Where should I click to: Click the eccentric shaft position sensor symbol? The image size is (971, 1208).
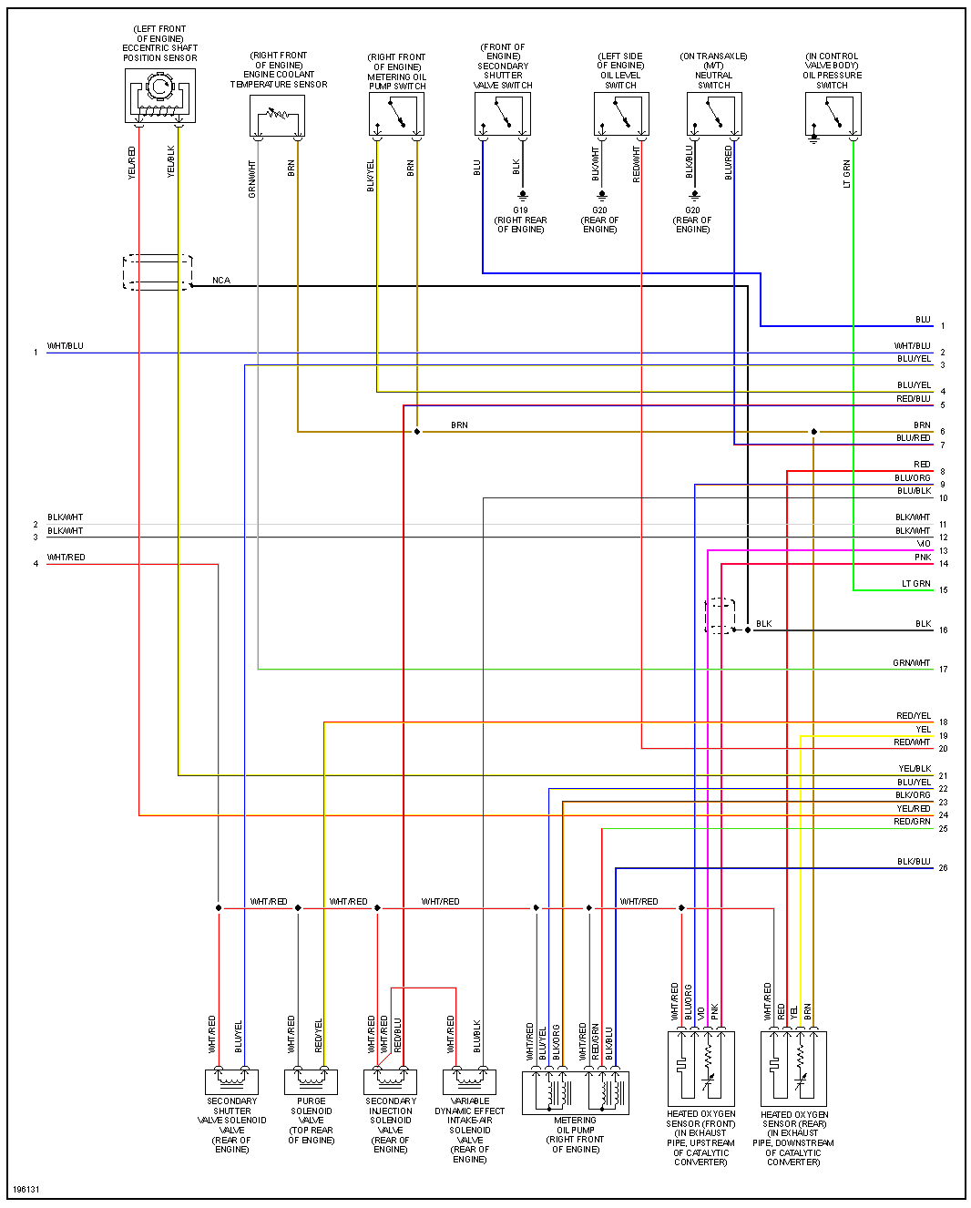[x=159, y=96]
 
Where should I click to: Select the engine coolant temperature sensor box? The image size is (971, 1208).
[x=277, y=116]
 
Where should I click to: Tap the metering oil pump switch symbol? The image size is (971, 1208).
[x=396, y=115]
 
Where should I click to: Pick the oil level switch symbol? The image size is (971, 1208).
[x=621, y=115]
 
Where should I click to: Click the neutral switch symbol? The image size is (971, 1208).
[x=714, y=115]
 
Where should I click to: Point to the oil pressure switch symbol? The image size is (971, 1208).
[x=833, y=115]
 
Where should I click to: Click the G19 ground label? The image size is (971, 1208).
[x=520, y=210]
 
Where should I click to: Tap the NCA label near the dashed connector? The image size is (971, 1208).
[x=221, y=281]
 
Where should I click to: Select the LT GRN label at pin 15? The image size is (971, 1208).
[x=915, y=584]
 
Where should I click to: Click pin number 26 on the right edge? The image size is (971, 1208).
[x=943, y=868]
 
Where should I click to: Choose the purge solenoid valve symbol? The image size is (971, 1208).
[x=311, y=1081]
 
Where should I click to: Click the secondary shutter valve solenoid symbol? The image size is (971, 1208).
[x=231, y=1081]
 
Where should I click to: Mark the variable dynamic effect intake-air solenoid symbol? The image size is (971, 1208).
[x=469, y=1081]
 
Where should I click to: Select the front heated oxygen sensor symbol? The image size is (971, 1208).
[x=700, y=1067]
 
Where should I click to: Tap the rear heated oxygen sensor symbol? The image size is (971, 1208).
[x=793, y=1067]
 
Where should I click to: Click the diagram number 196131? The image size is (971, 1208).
[x=26, y=1190]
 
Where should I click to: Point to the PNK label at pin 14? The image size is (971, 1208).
[x=923, y=558]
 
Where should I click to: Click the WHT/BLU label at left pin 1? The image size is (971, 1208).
[x=66, y=346]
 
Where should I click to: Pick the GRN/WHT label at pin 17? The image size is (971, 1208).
[x=912, y=663]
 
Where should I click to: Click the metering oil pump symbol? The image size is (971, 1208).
[x=575, y=1091]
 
